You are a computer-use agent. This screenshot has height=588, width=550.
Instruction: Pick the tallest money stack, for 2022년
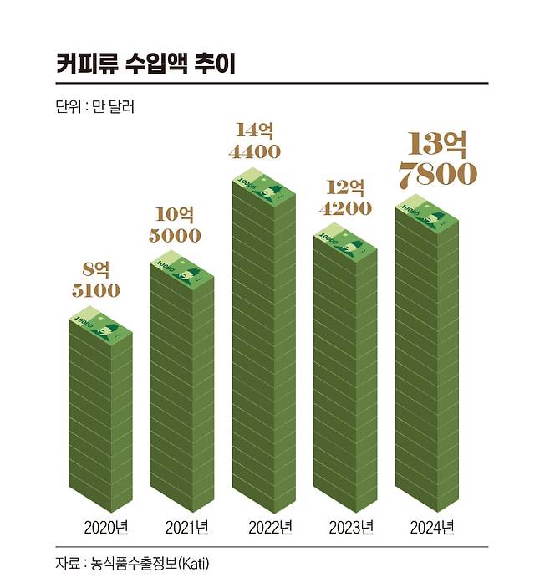[x=262, y=351]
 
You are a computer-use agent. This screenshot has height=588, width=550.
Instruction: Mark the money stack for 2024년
[x=426, y=360]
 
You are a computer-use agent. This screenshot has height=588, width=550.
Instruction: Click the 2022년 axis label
[x=270, y=528]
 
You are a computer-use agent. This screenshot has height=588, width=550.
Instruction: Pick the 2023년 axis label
[x=351, y=528]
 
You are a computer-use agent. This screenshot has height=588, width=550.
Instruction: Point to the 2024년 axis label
[x=432, y=528]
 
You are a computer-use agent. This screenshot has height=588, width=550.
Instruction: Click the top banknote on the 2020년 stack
[x=99, y=326]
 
